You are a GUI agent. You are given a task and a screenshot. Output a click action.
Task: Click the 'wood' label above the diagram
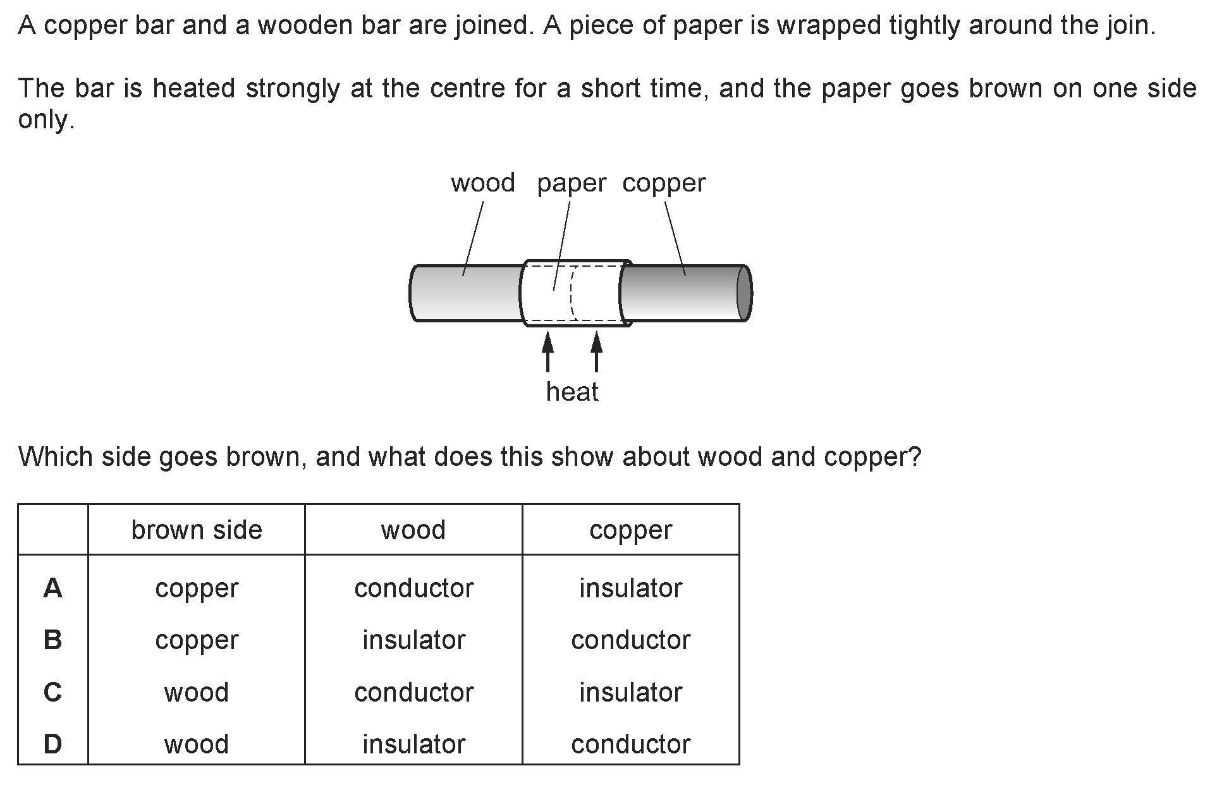[x=482, y=183]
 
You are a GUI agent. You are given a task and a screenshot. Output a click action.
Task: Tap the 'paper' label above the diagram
[x=571, y=184]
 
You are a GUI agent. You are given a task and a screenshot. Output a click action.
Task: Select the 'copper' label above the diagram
[x=663, y=184]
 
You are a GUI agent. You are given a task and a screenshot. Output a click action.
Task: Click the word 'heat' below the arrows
[x=572, y=392]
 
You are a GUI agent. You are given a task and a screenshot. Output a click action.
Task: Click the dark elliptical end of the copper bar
[x=743, y=294]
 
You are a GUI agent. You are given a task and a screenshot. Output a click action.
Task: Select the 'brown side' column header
[x=196, y=530]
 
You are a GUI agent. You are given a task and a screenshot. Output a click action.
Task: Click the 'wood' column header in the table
[x=413, y=530]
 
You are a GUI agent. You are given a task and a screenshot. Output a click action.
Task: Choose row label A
[x=52, y=588]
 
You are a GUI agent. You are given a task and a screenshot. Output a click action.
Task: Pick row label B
[x=52, y=640]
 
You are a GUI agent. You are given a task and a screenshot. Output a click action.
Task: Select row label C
[x=52, y=693]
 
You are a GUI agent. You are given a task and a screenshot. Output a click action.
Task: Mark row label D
[x=52, y=745]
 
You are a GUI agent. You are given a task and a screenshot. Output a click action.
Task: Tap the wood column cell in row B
[x=413, y=640]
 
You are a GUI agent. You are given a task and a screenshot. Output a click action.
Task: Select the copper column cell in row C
[x=630, y=693]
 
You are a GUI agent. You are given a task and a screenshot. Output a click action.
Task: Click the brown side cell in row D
[x=196, y=745]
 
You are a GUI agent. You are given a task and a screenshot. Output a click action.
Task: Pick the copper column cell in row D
[x=630, y=745]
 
